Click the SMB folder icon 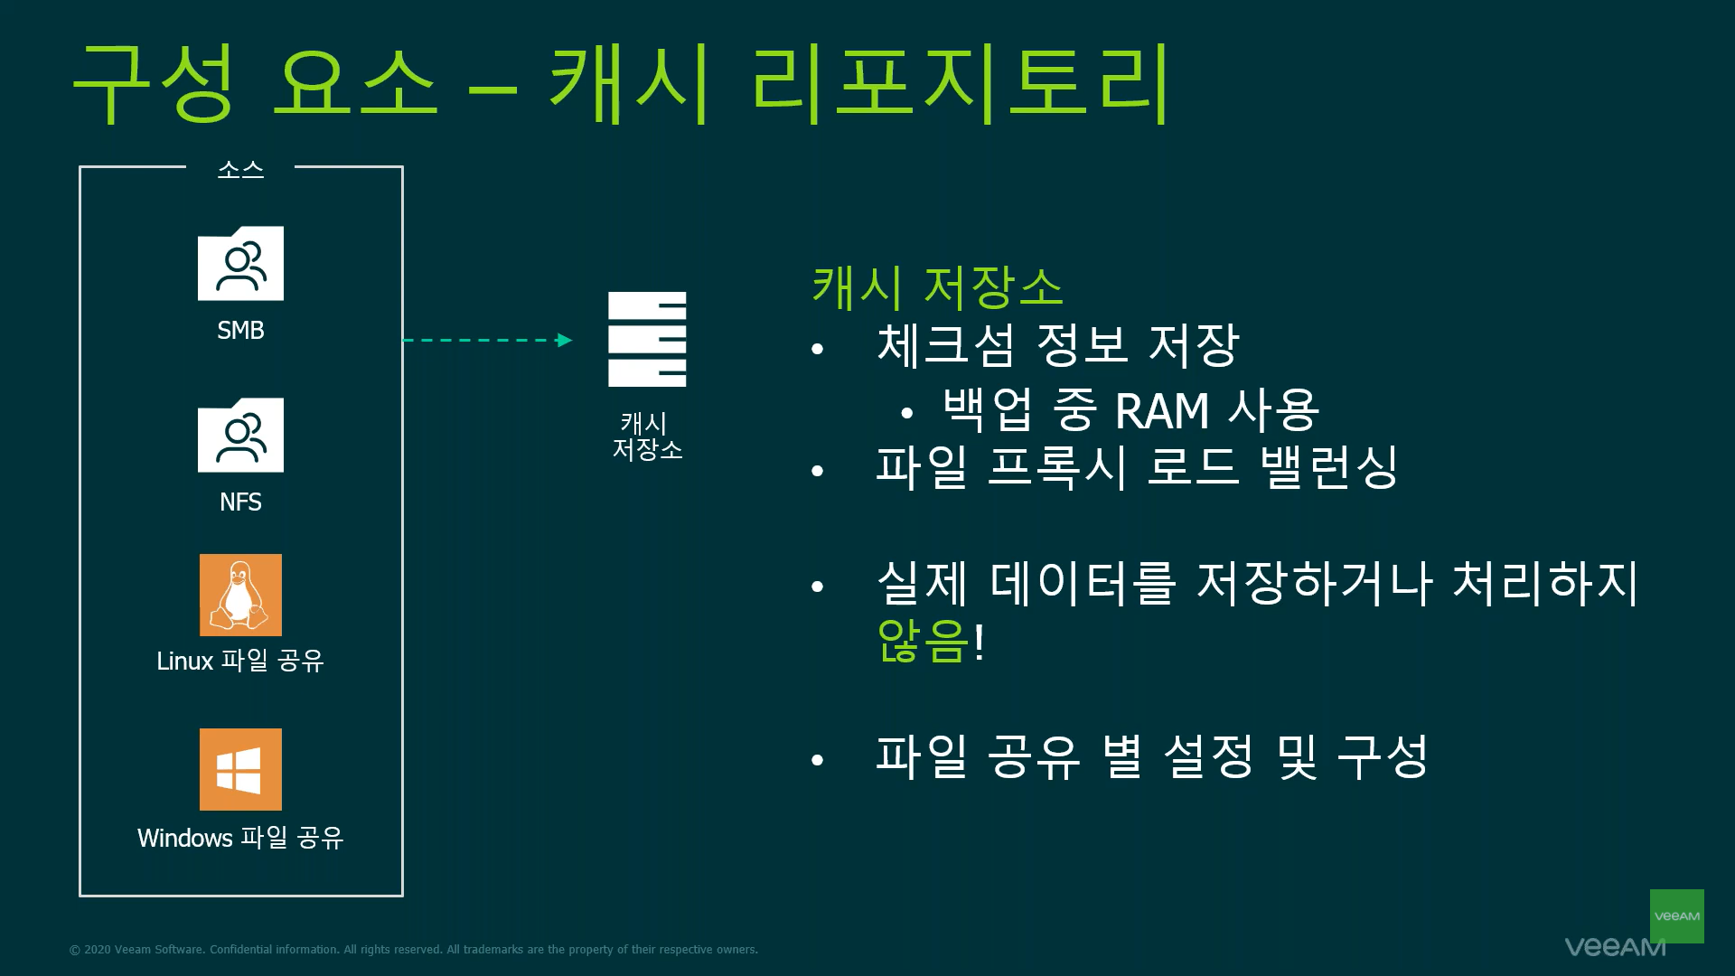tap(240, 263)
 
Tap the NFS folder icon tap(240, 435)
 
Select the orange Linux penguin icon tap(240, 595)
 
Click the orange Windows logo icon tap(240, 769)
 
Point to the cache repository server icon tap(647, 339)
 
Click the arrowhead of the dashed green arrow tap(565, 340)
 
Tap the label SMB tap(240, 330)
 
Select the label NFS tap(240, 502)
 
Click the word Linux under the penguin tap(184, 661)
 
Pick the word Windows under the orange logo tap(173, 838)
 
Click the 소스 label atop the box tap(240, 169)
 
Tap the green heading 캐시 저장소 tap(937, 286)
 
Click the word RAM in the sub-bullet tap(1162, 411)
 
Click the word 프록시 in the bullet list tap(1056, 467)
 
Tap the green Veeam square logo tap(1676, 915)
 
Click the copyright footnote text tap(414, 950)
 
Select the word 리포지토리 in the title tap(960, 83)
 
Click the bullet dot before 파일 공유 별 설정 tap(818, 761)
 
